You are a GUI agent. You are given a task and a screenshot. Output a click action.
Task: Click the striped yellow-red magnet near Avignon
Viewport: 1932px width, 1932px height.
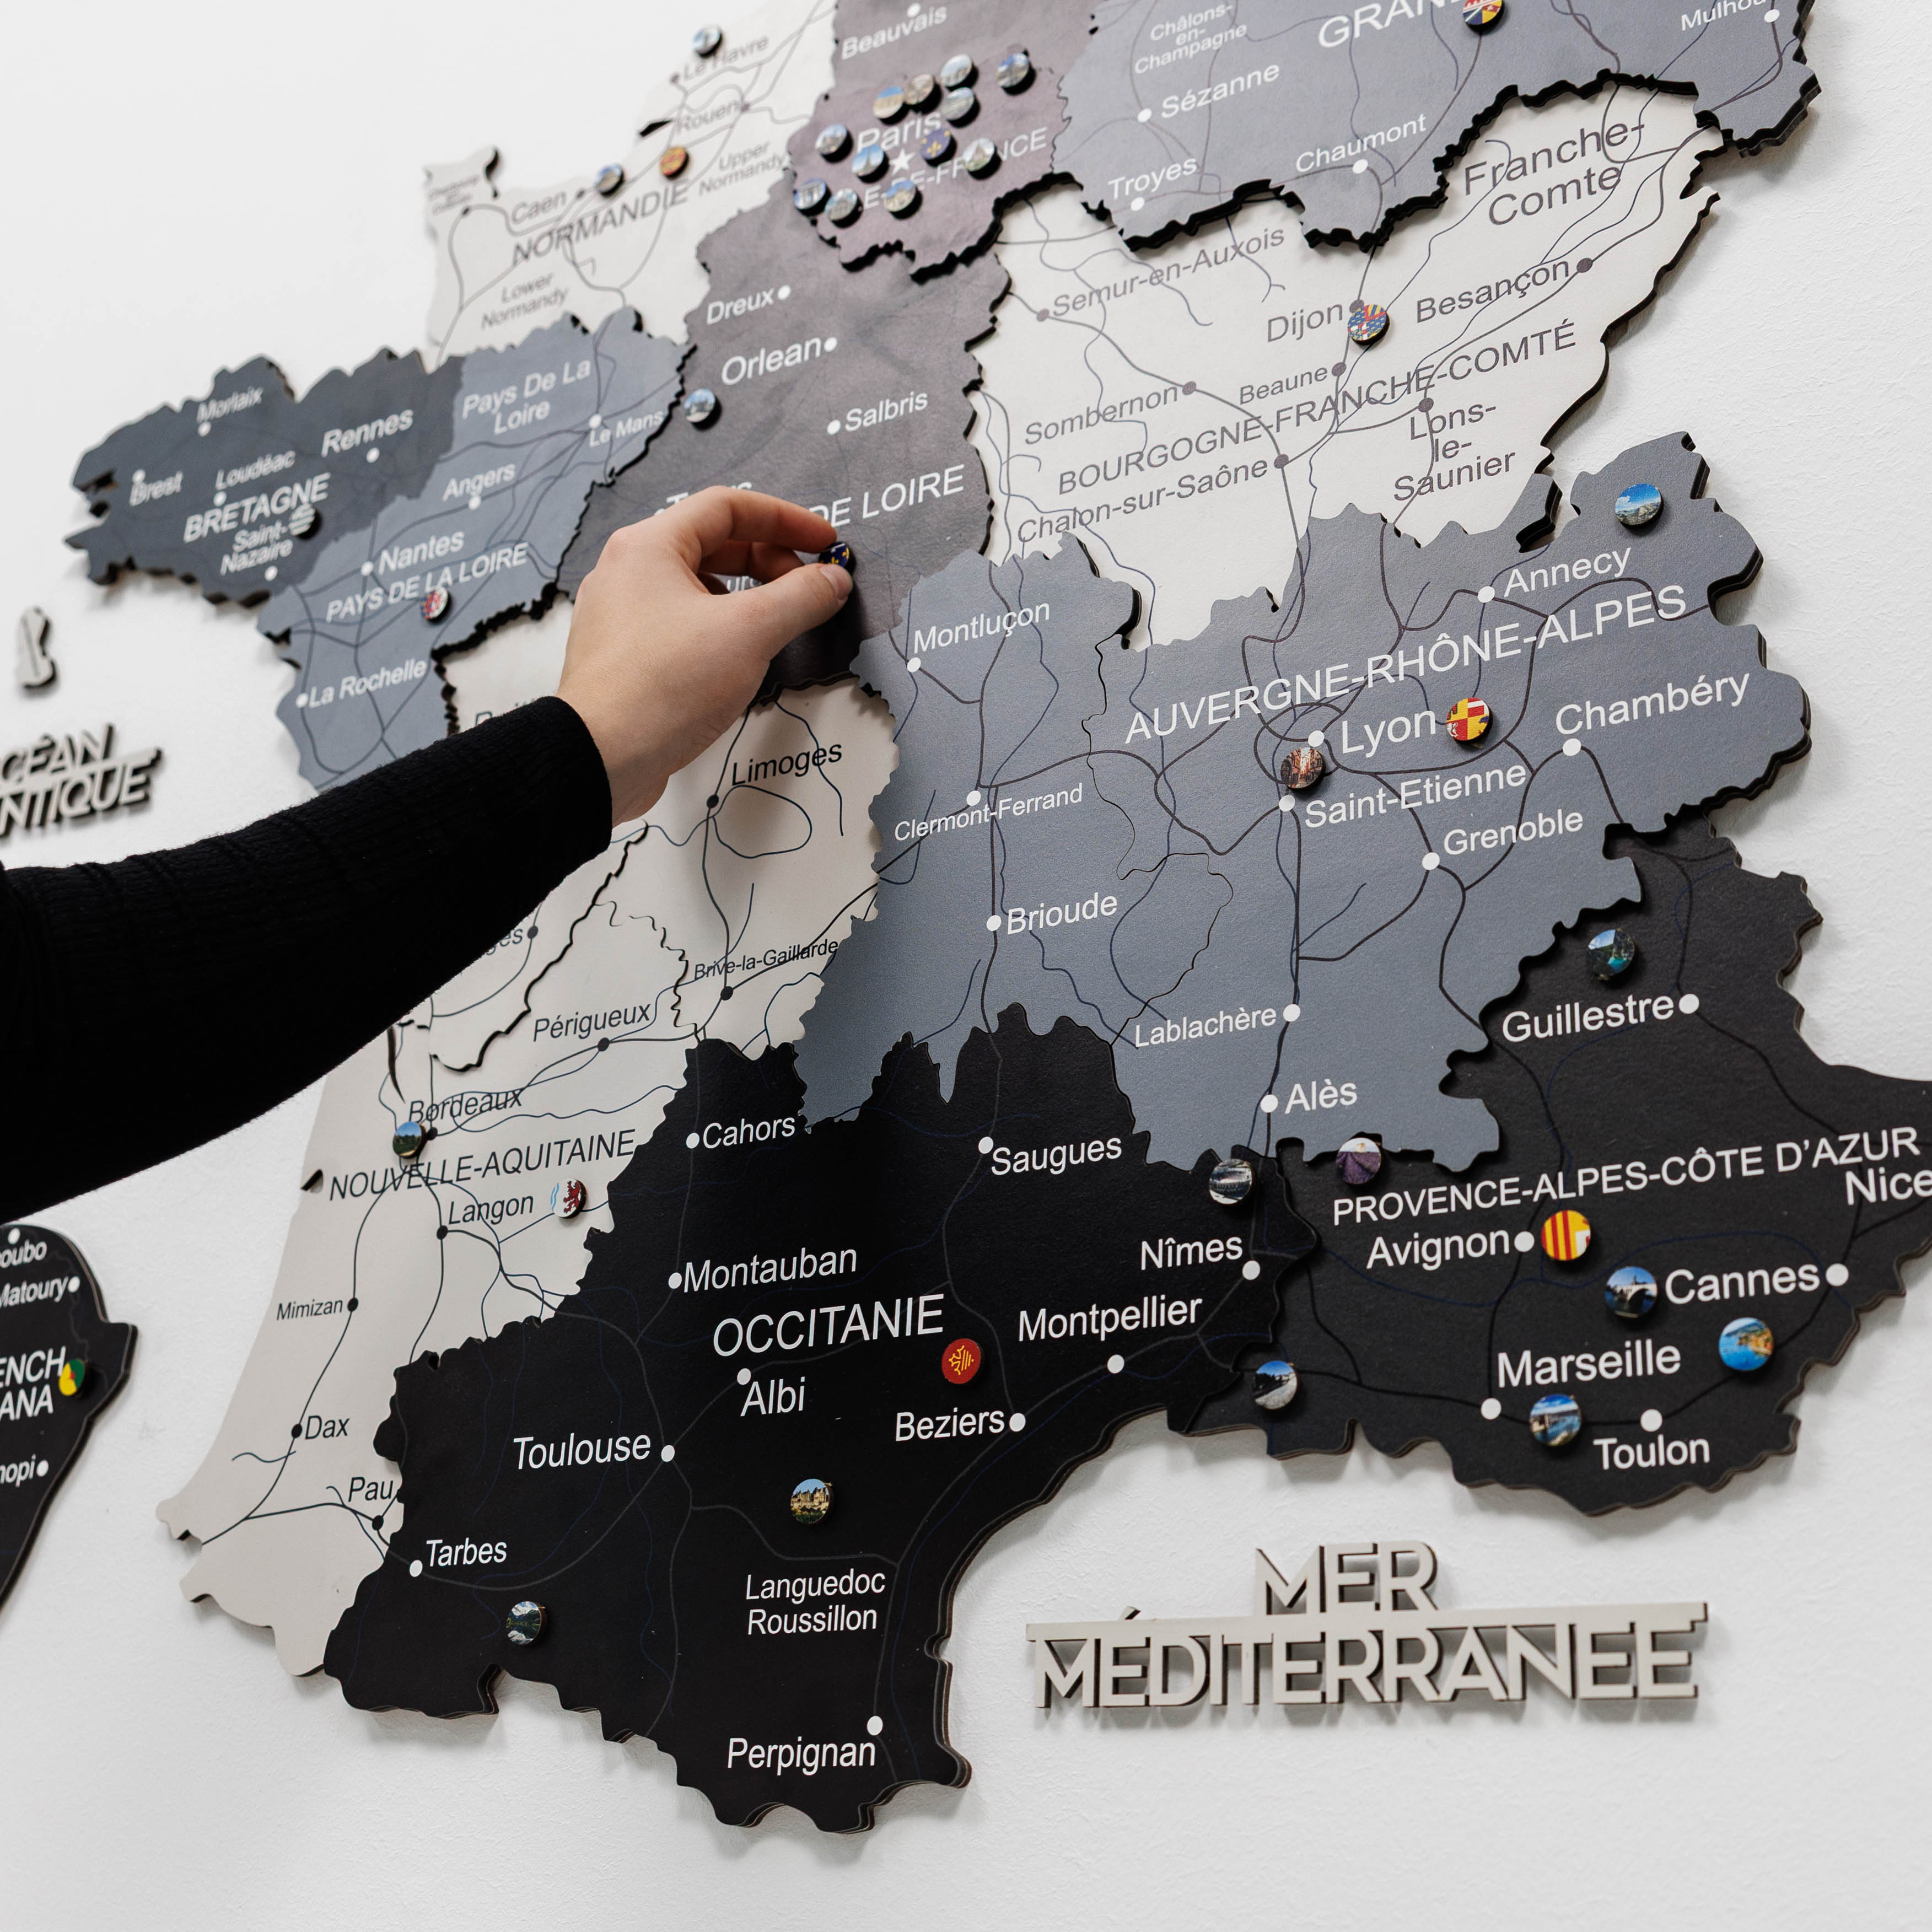tap(1565, 1235)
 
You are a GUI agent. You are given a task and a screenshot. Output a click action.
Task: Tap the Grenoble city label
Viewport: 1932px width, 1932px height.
tap(1513, 832)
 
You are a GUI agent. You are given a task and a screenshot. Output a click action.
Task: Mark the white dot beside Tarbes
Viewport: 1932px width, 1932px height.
tap(416, 1568)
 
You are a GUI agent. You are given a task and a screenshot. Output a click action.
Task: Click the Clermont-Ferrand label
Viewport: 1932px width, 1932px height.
tap(988, 812)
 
